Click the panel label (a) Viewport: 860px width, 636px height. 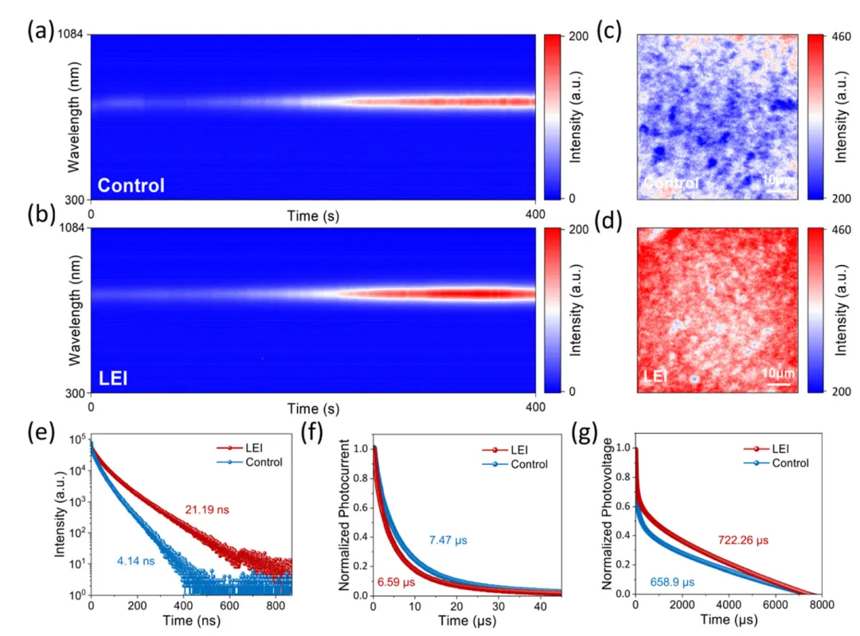[40, 32]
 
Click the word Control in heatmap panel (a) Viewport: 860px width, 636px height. [131, 186]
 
